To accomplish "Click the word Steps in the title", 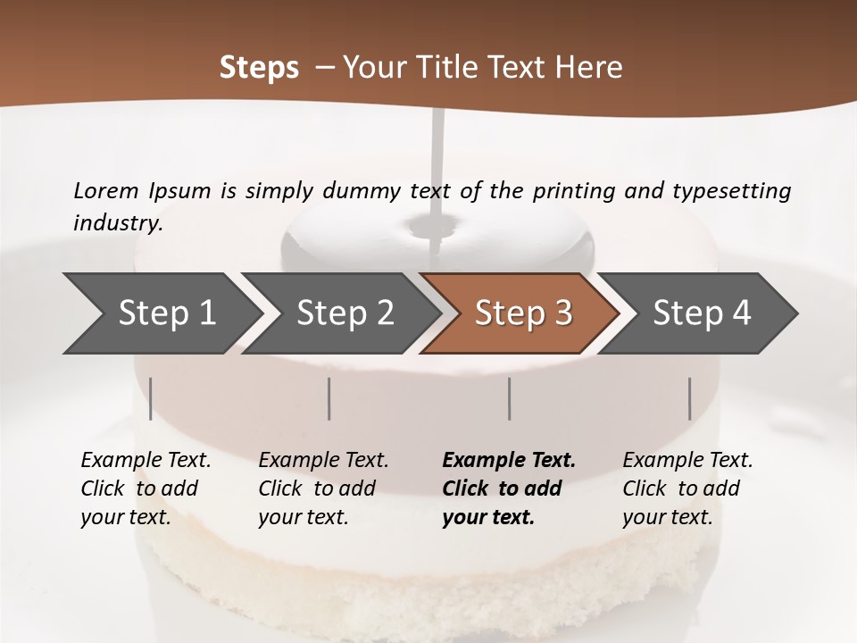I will [259, 68].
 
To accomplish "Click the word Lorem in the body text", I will [106, 191].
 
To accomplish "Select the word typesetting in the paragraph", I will [731, 191].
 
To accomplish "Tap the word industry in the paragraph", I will [117, 223].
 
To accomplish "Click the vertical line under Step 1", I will [151, 398].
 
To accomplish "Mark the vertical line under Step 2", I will [329, 398].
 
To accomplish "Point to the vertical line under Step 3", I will [509, 398].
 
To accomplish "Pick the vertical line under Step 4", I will [689, 398].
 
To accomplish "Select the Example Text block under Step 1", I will [146, 489].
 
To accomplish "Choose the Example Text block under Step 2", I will [323, 489].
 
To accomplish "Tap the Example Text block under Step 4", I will [687, 489].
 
